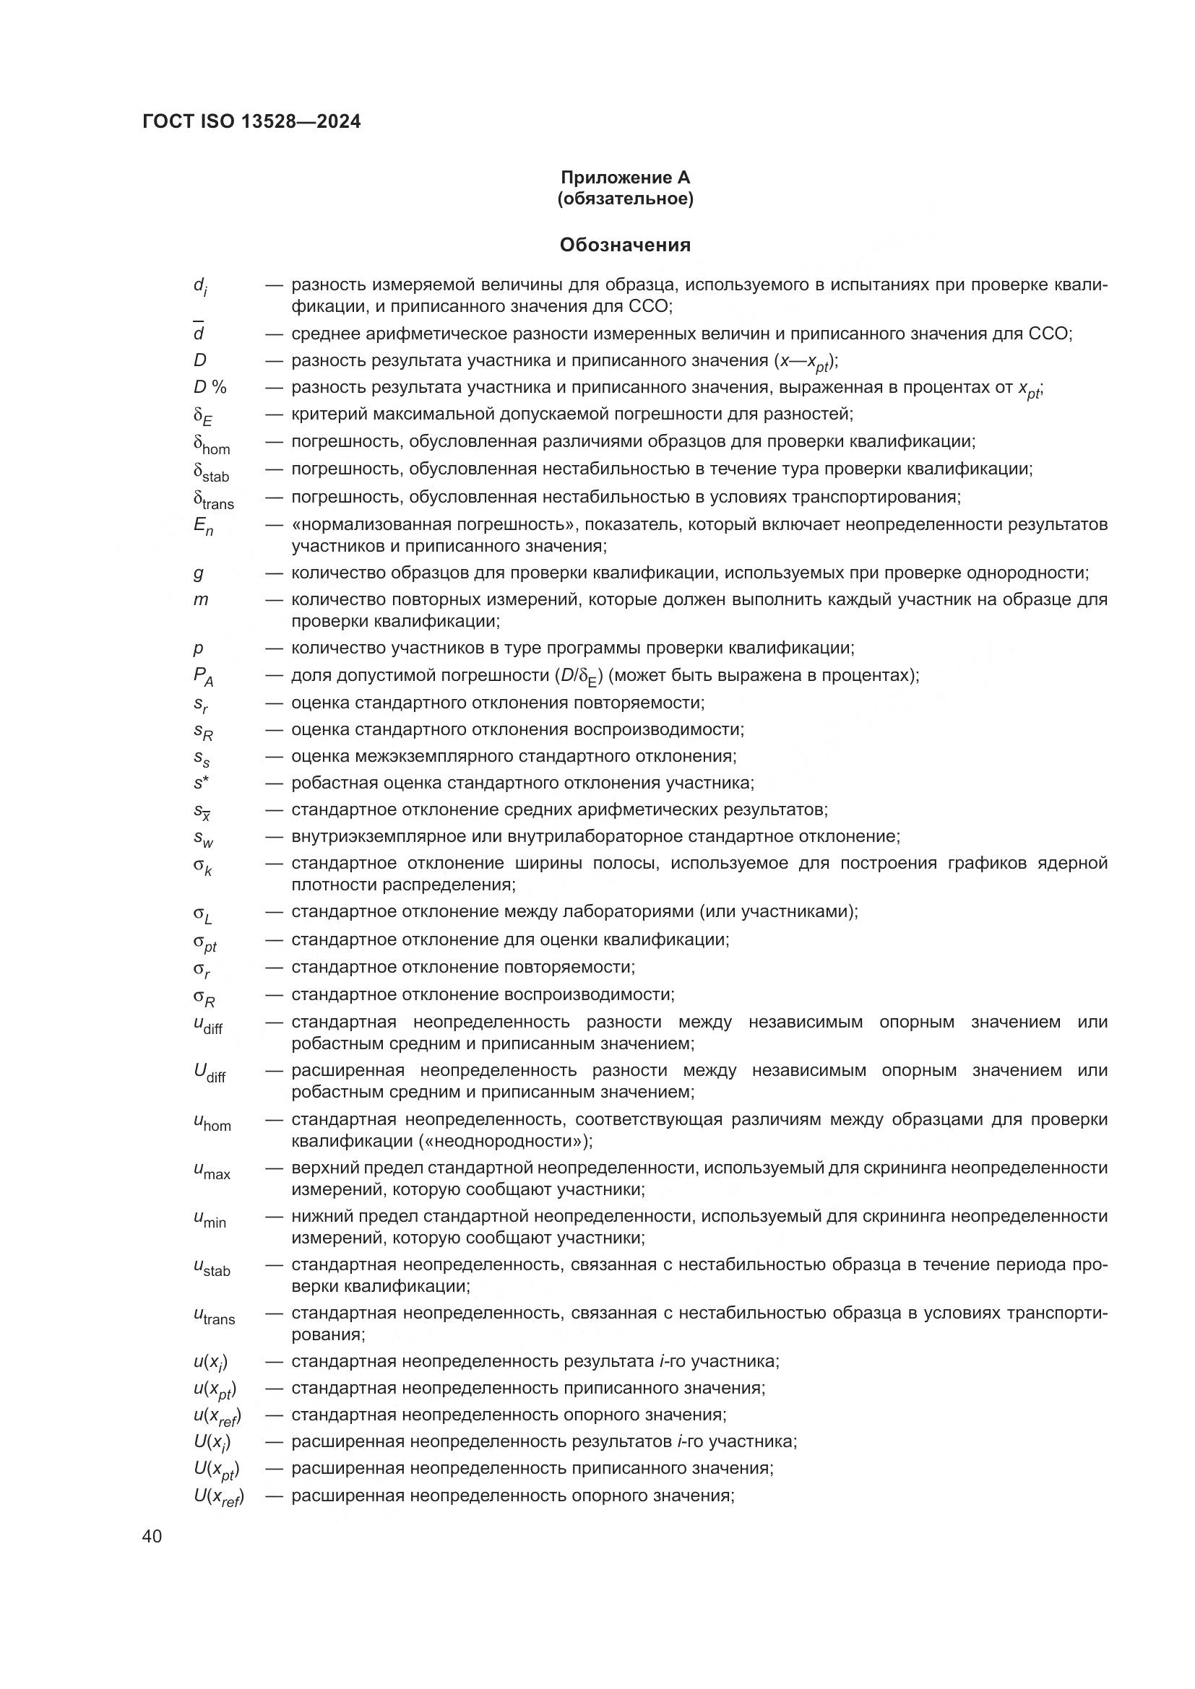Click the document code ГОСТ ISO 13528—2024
[x=251, y=122]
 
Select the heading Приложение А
[x=625, y=178]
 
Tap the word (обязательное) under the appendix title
[x=625, y=199]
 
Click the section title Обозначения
[x=625, y=245]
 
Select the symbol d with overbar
[x=199, y=332]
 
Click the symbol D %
[x=210, y=387]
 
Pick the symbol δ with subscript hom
[x=211, y=444]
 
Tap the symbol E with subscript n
[x=203, y=526]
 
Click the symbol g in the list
[x=199, y=573]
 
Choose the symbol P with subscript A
[x=203, y=677]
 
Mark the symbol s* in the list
[x=202, y=783]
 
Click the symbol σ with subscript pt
[x=204, y=942]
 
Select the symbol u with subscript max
[x=212, y=1171]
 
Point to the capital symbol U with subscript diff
[x=210, y=1073]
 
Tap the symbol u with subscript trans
[x=214, y=1316]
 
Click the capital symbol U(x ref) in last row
[x=218, y=1497]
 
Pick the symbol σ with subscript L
[x=202, y=914]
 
